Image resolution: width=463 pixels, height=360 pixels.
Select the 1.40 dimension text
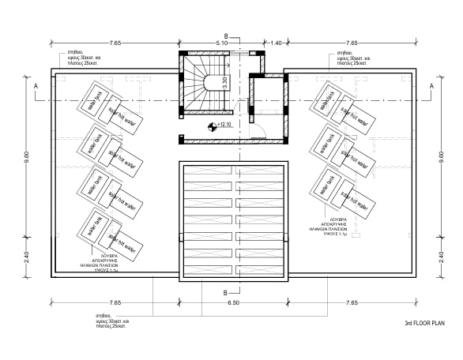(x=276, y=42)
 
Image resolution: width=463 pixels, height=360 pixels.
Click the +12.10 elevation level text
(x=224, y=126)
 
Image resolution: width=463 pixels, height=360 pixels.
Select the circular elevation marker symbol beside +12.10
(x=211, y=126)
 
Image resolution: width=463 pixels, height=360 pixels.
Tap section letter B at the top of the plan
(x=226, y=36)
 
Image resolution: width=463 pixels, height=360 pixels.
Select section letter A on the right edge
(x=431, y=84)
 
